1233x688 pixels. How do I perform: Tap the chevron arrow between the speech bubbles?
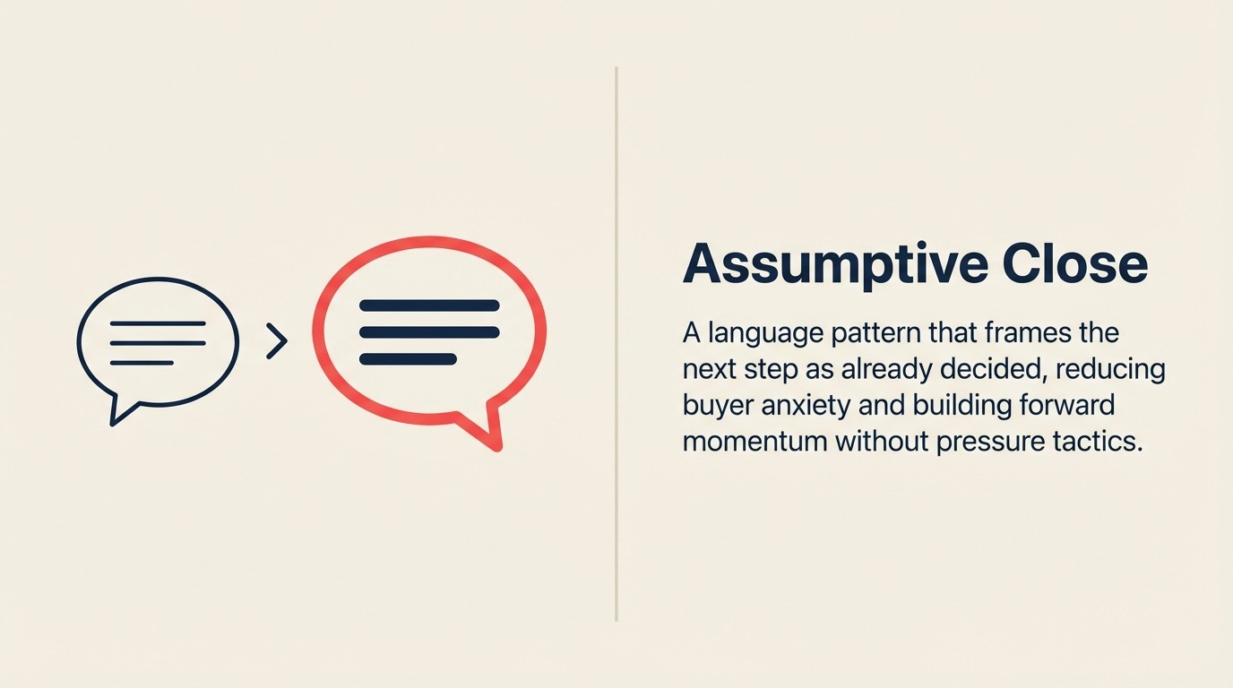(278, 341)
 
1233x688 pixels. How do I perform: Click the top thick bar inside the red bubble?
(429, 305)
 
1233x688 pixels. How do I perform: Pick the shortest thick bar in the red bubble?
(408, 359)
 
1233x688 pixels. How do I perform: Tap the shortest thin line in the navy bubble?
(142, 363)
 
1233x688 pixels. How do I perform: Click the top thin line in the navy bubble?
(158, 323)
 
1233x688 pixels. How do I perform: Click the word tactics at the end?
(1104, 442)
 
